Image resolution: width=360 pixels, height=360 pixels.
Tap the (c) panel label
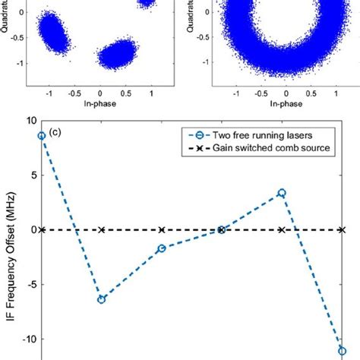[x=54, y=134]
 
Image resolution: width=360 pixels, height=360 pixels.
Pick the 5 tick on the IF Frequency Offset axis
[x=30, y=175]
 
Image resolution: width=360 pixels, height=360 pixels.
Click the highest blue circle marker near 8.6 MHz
[x=42, y=136]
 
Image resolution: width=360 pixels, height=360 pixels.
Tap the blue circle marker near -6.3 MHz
[x=101, y=299]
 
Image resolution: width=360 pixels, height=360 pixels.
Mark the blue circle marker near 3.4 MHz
[x=282, y=193]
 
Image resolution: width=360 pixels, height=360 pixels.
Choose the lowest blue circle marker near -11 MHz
[x=342, y=352]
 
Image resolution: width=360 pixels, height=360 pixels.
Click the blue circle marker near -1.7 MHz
[x=161, y=248]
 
